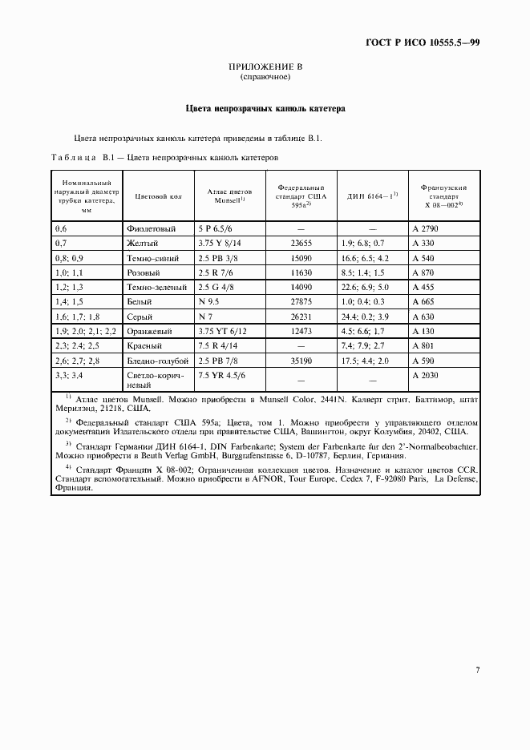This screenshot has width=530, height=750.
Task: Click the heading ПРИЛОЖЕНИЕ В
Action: pyautogui.click(x=265, y=67)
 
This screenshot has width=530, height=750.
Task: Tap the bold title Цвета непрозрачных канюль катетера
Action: pyautogui.click(x=265, y=107)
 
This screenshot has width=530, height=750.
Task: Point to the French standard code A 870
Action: pyautogui.click(x=423, y=273)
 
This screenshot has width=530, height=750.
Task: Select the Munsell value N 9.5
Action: pyautogui.click(x=209, y=302)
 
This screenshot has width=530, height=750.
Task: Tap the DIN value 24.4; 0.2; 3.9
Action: pyautogui.click(x=364, y=317)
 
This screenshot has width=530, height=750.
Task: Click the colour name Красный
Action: pyautogui.click(x=144, y=346)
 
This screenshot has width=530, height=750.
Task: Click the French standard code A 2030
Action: pyautogui.click(x=425, y=375)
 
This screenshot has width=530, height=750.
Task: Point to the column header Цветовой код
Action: pyautogui.click(x=156, y=195)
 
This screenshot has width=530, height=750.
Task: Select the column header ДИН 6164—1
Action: pyautogui.click(x=372, y=195)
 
